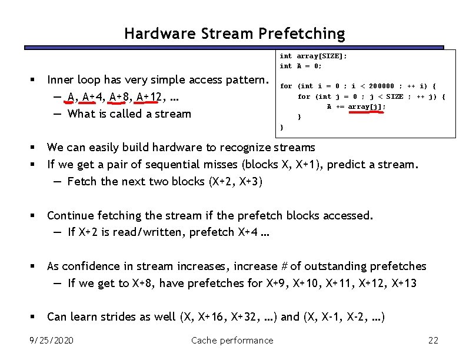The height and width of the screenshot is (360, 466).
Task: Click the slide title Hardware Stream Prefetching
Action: pos(234,34)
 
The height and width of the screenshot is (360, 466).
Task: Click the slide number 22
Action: pos(434,340)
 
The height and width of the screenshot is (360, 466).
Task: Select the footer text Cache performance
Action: pos(232,340)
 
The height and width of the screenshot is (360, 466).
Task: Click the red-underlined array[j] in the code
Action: pos(367,106)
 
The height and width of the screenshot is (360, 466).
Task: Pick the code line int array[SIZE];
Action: pos(313,56)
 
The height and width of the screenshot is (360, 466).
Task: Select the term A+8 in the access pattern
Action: pos(119,97)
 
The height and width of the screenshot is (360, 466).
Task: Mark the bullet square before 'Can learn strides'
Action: pos(35,317)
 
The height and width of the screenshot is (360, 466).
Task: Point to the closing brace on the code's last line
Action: pos(282,127)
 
